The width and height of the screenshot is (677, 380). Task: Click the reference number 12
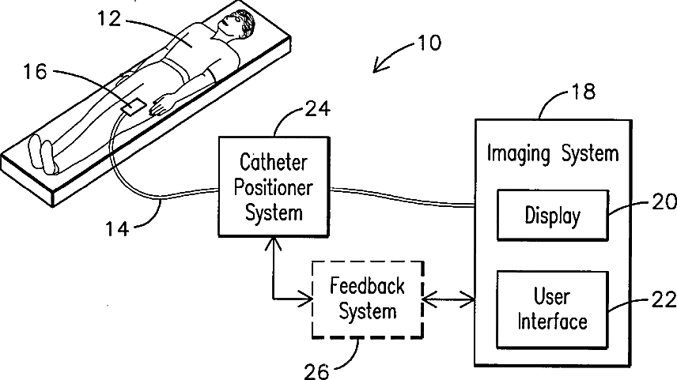tap(109, 19)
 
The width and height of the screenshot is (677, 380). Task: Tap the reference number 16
tap(35, 71)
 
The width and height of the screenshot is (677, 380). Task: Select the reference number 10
tap(429, 43)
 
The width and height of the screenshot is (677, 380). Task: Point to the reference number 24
tap(318, 109)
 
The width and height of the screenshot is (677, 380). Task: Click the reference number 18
tap(584, 92)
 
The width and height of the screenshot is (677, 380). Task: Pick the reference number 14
tap(117, 228)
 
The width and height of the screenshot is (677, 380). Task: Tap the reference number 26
tap(317, 371)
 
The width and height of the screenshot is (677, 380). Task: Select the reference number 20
tap(664, 202)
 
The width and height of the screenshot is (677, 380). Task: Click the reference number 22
tap(664, 299)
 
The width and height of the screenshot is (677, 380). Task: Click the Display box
tap(553, 215)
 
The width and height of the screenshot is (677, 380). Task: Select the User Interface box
tap(553, 310)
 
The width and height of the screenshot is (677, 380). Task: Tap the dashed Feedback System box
tap(368, 299)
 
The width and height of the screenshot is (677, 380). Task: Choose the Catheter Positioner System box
tap(274, 186)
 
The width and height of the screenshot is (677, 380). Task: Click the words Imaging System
tap(553, 153)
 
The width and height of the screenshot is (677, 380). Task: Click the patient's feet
tap(43, 154)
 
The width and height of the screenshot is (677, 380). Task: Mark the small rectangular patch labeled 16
tap(134, 107)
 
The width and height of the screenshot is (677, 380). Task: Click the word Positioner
tap(274, 188)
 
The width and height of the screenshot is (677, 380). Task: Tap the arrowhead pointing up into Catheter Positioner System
tap(273, 243)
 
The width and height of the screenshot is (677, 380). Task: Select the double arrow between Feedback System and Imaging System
tap(448, 299)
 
